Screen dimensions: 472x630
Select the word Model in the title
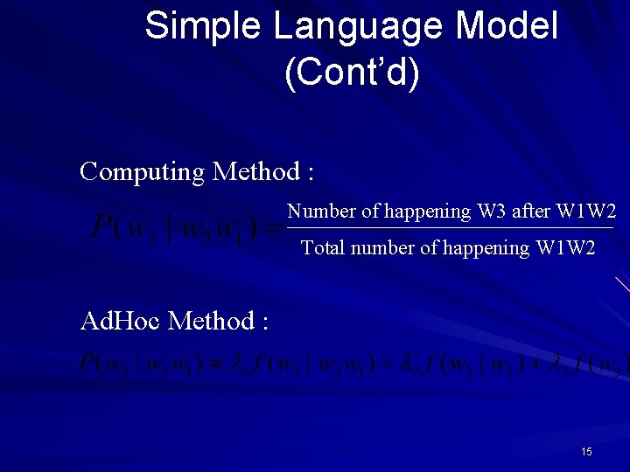point(507,26)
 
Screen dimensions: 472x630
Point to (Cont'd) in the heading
point(352,73)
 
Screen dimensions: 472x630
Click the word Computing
point(142,171)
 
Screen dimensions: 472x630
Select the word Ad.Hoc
point(119,321)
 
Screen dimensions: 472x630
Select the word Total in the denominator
point(322,248)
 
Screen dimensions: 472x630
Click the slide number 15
point(586,452)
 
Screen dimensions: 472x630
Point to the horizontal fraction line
point(451,229)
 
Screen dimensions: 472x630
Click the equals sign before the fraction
point(275,230)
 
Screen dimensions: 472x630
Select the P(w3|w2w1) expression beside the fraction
point(175,229)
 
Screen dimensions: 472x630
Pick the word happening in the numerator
point(429,212)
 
